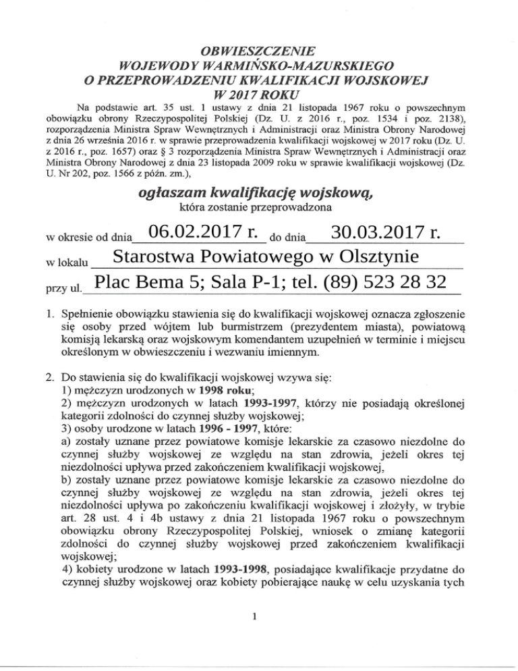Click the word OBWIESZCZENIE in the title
point(259,51)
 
